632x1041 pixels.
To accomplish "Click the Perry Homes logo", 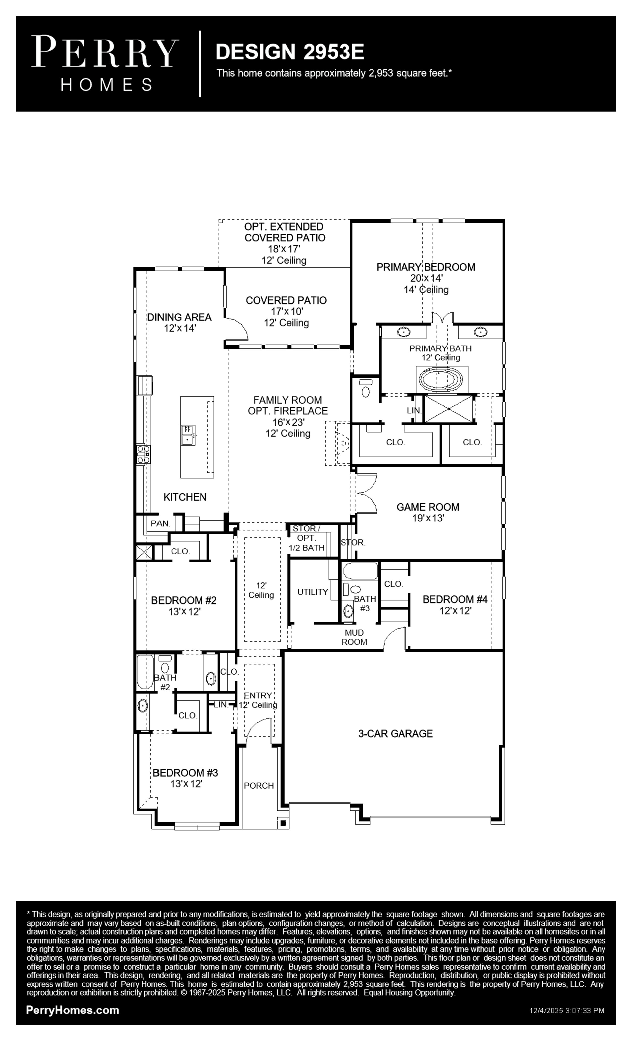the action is [105, 63].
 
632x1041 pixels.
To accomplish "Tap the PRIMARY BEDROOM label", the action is [426, 267].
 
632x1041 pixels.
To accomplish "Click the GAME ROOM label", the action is [428, 507].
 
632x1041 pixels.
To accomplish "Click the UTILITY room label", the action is [313, 592].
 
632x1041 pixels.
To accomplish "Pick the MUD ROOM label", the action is [354, 637].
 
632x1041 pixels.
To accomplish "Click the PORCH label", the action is [259, 786].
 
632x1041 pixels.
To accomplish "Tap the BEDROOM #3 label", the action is [185, 773].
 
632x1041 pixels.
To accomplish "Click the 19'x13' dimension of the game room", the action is [428, 518].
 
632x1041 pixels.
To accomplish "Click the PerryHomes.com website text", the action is [73, 1010].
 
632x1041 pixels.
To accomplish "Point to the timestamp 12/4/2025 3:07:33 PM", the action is [567, 1011].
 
